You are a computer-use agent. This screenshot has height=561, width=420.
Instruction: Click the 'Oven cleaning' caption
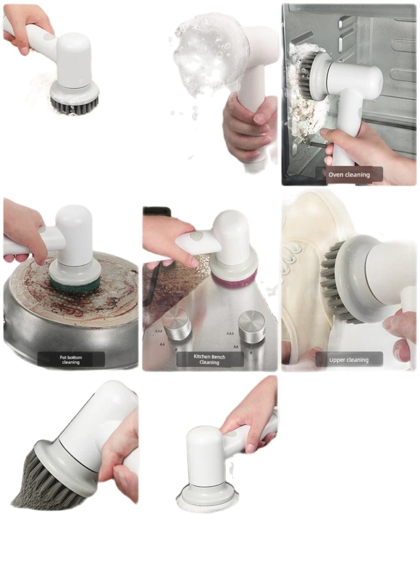click(x=349, y=174)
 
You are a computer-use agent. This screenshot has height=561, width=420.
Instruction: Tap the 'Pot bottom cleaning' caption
click(x=71, y=360)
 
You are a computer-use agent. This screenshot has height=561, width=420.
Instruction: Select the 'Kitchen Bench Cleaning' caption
click(x=210, y=359)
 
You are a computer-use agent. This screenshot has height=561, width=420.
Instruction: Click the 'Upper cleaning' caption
click(x=349, y=360)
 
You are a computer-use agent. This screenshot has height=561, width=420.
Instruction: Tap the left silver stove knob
click(x=176, y=323)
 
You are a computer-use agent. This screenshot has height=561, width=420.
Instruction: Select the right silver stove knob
click(x=252, y=325)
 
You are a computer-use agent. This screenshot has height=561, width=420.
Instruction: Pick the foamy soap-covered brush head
click(x=208, y=51)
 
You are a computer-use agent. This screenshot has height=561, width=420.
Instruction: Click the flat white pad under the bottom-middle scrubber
click(x=205, y=504)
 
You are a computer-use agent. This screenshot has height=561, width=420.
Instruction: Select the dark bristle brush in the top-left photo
click(x=75, y=104)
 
